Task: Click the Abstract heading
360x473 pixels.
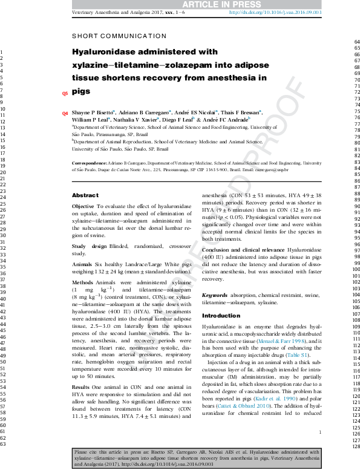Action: coord(85,195)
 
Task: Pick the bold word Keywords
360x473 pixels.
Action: coord(214,294)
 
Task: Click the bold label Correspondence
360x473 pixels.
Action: coord(90,163)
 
